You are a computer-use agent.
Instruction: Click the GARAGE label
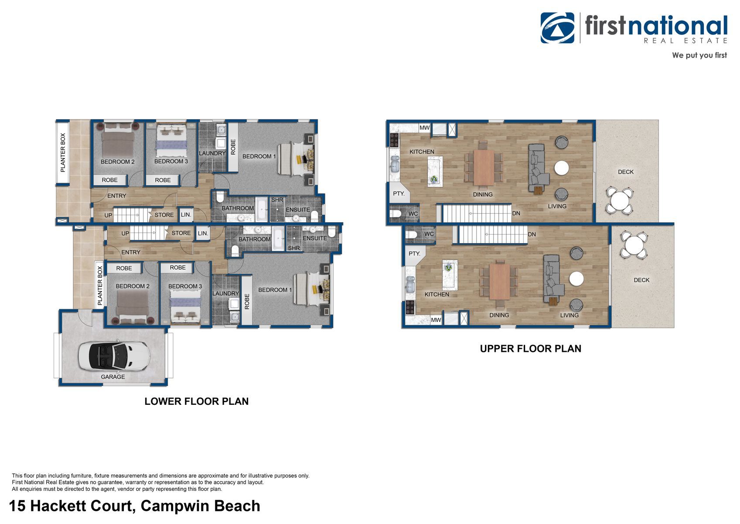coord(113,377)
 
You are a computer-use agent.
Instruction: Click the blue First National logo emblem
coord(557,28)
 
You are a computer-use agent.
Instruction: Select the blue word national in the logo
coord(678,26)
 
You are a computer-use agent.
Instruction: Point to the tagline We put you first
coord(699,55)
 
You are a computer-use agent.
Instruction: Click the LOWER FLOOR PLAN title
coord(197,401)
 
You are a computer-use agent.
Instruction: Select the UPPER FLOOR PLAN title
coord(531,348)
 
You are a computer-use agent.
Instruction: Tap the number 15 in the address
coord(17,506)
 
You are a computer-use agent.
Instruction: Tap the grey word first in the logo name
coord(605,25)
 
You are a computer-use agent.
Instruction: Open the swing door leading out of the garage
coord(85,318)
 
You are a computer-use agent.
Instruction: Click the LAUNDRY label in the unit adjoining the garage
coord(225,293)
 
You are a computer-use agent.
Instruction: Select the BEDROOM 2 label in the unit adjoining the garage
coord(133,286)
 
